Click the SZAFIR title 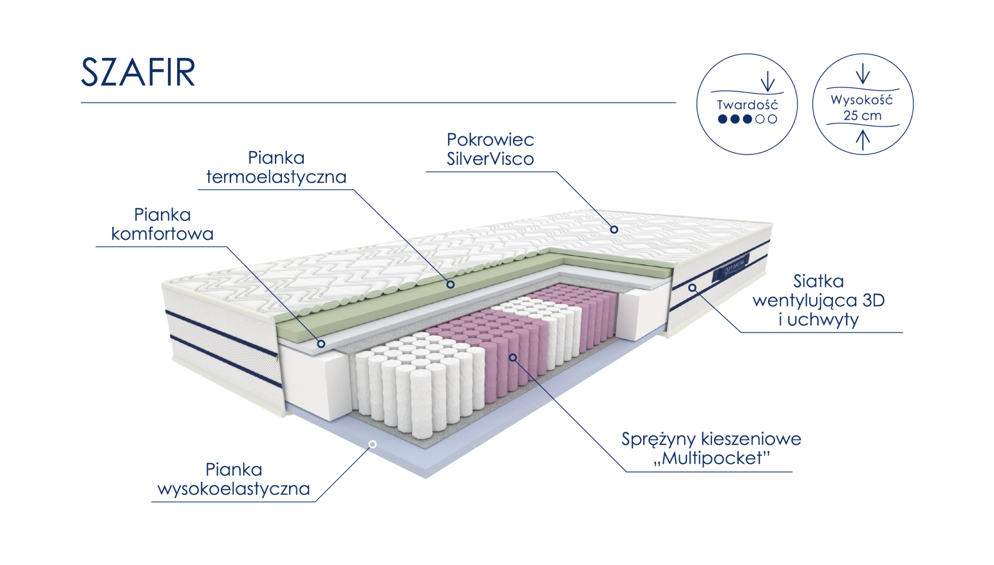(x=138, y=72)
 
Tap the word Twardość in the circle (x=747, y=105)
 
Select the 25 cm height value (x=862, y=116)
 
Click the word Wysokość (x=861, y=100)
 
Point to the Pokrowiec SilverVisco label (x=490, y=149)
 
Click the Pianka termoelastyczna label (x=276, y=167)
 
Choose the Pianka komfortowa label (x=162, y=224)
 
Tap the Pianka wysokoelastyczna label (x=234, y=479)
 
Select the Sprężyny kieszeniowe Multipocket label (x=711, y=449)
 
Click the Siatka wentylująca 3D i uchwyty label (x=818, y=300)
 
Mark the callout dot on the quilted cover (x=614, y=229)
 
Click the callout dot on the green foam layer (x=450, y=284)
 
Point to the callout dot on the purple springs (x=513, y=357)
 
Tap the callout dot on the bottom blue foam (x=373, y=444)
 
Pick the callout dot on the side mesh (x=692, y=288)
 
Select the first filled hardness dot (x=722, y=119)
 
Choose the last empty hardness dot (x=773, y=119)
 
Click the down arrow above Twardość (x=767, y=82)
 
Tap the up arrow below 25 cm (x=862, y=139)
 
